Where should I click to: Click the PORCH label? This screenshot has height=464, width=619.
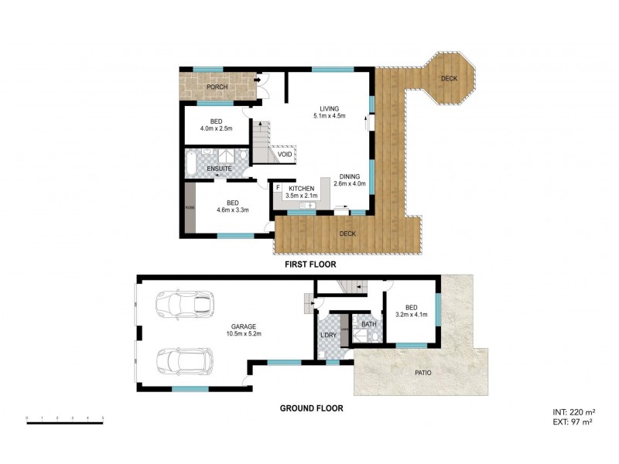click(x=217, y=87)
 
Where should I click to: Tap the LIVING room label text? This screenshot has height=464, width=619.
click(x=329, y=108)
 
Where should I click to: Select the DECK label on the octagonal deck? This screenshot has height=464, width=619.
click(x=448, y=79)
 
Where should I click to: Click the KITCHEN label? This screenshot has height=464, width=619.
click(x=301, y=189)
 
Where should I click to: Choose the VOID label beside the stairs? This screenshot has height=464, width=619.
click(x=285, y=155)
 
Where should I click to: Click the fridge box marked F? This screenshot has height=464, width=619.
click(x=277, y=187)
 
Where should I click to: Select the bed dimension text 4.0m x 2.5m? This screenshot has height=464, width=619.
click(x=217, y=128)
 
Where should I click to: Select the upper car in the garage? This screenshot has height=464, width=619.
click(x=183, y=303)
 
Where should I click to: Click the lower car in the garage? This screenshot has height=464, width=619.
click(x=183, y=360)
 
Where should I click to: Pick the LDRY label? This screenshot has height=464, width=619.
click(x=328, y=335)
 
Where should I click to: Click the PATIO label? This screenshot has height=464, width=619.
click(x=421, y=373)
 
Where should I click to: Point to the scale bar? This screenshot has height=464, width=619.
click(x=65, y=418)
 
